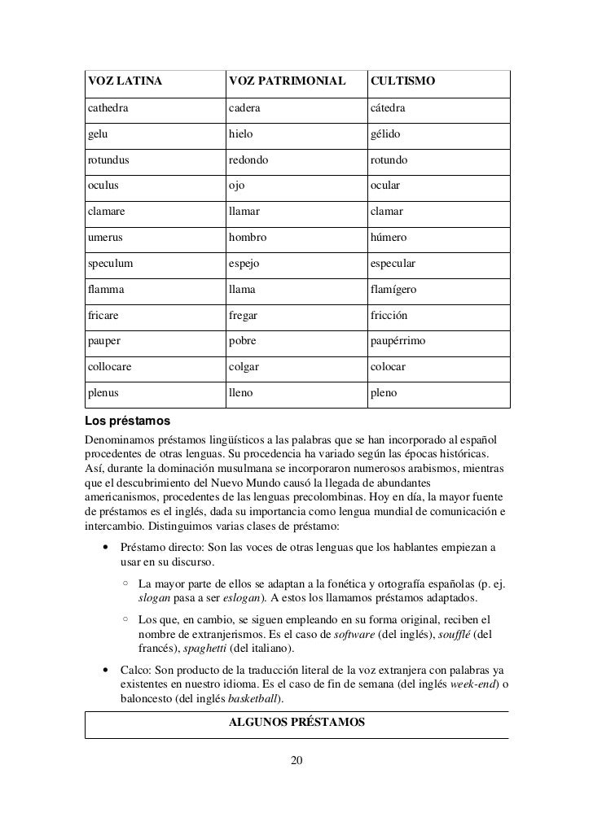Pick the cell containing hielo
[x=241, y=134]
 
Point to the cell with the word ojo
[x=236, y=185]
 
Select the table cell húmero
[x=393, y=237]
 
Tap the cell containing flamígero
[x=398, y=290]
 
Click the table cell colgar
[x=244, y=367]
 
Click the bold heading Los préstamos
[x=127, y=422]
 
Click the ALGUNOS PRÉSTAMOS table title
[x=296, y=721]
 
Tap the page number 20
[x=296, y=761]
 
